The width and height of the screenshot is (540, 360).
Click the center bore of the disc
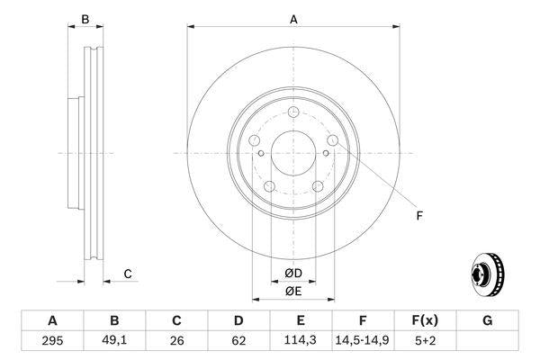point(293,152)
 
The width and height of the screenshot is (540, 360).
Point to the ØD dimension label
point(293,273)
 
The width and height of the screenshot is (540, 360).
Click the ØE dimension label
point(293,290)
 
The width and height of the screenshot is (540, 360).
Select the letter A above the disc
point(293,20)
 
